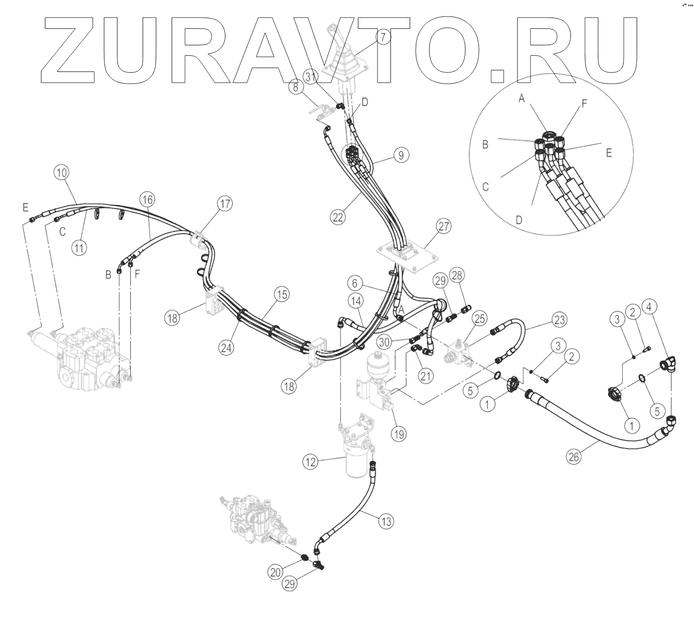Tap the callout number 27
click(x=444, y=226)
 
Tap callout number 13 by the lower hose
click(x=385, y=522)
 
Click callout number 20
click(x=275, y=570)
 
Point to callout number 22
click(x=338, y=218)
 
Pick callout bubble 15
click(x=282, y=295)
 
